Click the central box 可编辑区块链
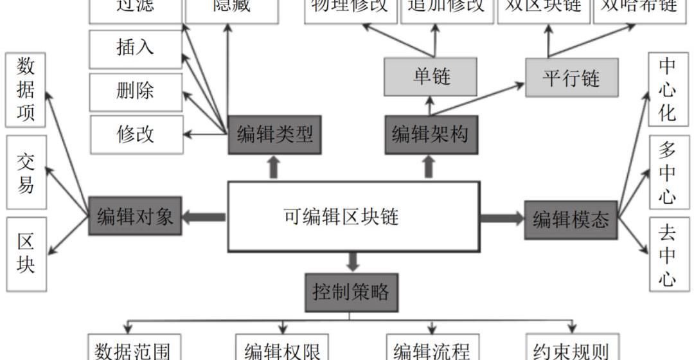point(353,216)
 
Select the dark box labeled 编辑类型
point(274,134)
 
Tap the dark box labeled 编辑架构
point(431,134)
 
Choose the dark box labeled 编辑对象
point(135,216)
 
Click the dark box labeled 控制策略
point(351,292)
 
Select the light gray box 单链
point(431,77)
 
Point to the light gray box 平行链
point(571,78)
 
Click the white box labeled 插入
point(136,49)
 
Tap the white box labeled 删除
point(136,91)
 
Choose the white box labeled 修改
point(136,134)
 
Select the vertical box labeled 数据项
point(26,90)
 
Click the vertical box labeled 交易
point(26,172)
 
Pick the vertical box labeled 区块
point(26,254)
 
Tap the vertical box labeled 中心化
point(668,90)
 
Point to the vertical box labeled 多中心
point(668,172)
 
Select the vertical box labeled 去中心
point(668,255)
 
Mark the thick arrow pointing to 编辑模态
point(502,219)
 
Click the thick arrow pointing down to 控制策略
point(352,261)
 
